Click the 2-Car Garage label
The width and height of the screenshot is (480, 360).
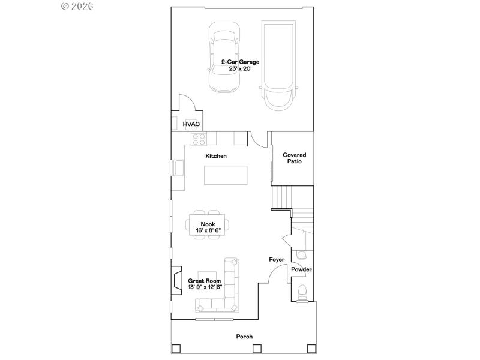click(x=240, y=62)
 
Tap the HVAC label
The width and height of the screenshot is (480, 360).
click(x=191, y=124)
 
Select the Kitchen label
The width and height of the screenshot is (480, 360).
click(x=216, y=156)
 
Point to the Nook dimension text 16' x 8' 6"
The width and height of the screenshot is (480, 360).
click(x=208, y=230)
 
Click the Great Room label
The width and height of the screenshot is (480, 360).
click(x=204, y=281)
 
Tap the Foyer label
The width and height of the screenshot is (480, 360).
click(x=276, y=260)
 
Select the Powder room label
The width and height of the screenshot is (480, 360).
click(x=301, y=269)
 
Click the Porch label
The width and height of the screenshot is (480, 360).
click(x=244, y=337)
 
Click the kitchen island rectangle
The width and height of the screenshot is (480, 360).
click(x=226, y=175)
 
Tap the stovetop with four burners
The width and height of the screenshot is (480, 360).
click(x=199, y=139)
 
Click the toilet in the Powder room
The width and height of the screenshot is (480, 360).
click(x=302, y=292)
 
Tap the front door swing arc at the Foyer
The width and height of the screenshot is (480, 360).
click(x=275, y=275)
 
